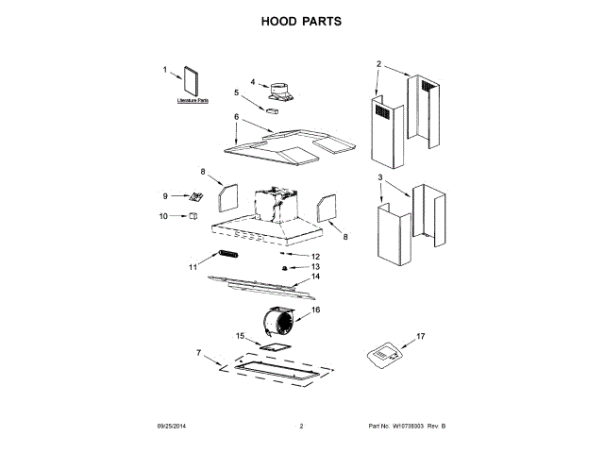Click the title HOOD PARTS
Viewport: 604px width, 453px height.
[301, 20]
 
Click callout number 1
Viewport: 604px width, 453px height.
[164, 69]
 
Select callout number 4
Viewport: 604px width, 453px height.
[253, 81]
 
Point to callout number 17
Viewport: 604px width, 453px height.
[421, 336]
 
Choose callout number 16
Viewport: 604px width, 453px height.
[315, 309]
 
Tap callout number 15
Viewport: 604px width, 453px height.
[240, 336]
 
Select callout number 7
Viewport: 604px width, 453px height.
[199, 353]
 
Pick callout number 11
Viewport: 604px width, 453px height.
[193, 267]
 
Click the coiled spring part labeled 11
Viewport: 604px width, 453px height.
[227, 254]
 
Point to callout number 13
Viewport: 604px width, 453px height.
[315, 267]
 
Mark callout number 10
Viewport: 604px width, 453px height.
[162, 216]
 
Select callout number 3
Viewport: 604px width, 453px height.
[380, 177]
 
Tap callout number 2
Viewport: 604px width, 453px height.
[378, 64]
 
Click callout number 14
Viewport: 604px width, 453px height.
[315, 277]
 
